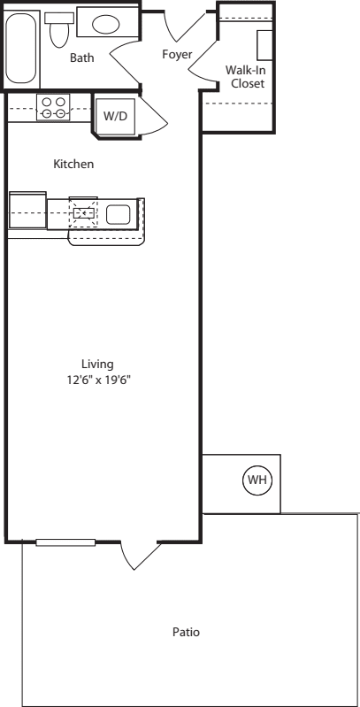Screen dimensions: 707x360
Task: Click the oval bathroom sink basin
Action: (x=106, y=25)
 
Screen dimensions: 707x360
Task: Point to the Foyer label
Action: (x=177, y=55)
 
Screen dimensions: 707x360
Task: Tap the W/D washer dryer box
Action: (x=115, y=116)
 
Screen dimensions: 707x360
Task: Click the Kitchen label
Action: (x=73, y=165)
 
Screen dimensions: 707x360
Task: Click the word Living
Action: (x=97, y=364)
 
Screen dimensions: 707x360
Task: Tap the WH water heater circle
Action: (x=257, y=480)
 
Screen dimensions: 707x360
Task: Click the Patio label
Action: (x=185, y=633)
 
